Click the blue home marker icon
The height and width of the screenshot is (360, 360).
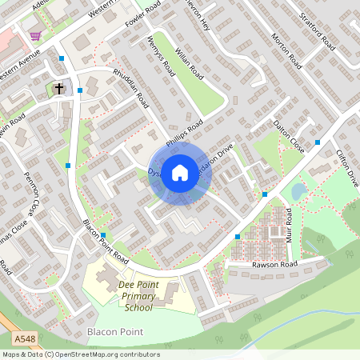tap(180, 172)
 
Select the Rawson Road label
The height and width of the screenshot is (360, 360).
tap(274, 265)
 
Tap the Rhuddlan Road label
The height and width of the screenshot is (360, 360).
tap(132, 91)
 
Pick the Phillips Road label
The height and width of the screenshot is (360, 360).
tap(184, 132)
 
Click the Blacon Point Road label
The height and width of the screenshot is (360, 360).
tap(106, 242)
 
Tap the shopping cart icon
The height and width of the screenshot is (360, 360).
tap(35, 34)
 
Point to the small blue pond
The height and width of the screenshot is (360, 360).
tap(298, 191)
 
